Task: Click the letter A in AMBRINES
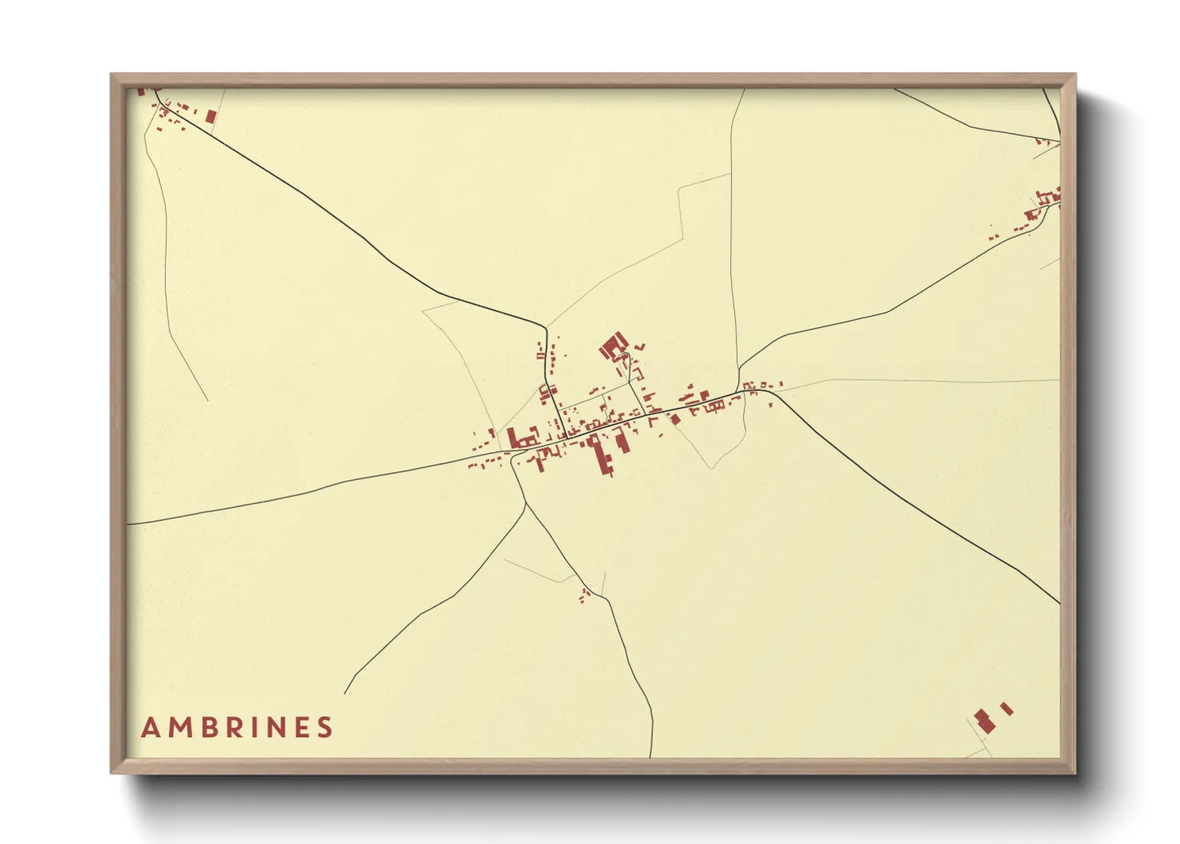(149, 728)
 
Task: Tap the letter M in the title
(177, 728)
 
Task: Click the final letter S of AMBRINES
(324, 728)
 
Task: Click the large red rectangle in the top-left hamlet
(210, 116)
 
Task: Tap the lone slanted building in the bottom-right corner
(1006, 708)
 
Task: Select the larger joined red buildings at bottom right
(984, 720)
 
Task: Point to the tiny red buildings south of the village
(584, 594)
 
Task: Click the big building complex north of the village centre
(612, 347)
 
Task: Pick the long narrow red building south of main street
(602, 456)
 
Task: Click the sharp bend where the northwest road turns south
(545, 327)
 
